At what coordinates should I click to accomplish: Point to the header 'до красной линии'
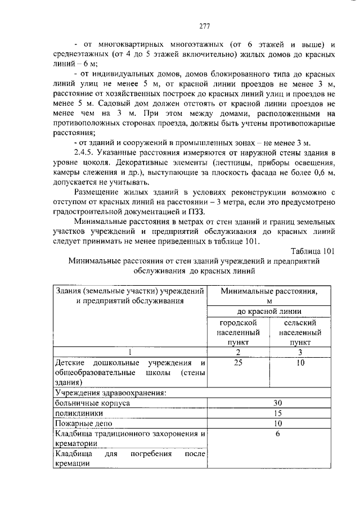point(269,311)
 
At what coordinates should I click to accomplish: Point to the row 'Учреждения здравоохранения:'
point(110,393)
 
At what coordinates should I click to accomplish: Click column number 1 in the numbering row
point(130,352)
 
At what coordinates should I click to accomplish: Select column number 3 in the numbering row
point(300,352)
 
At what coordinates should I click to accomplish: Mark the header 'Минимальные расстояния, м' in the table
point(269,296)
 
